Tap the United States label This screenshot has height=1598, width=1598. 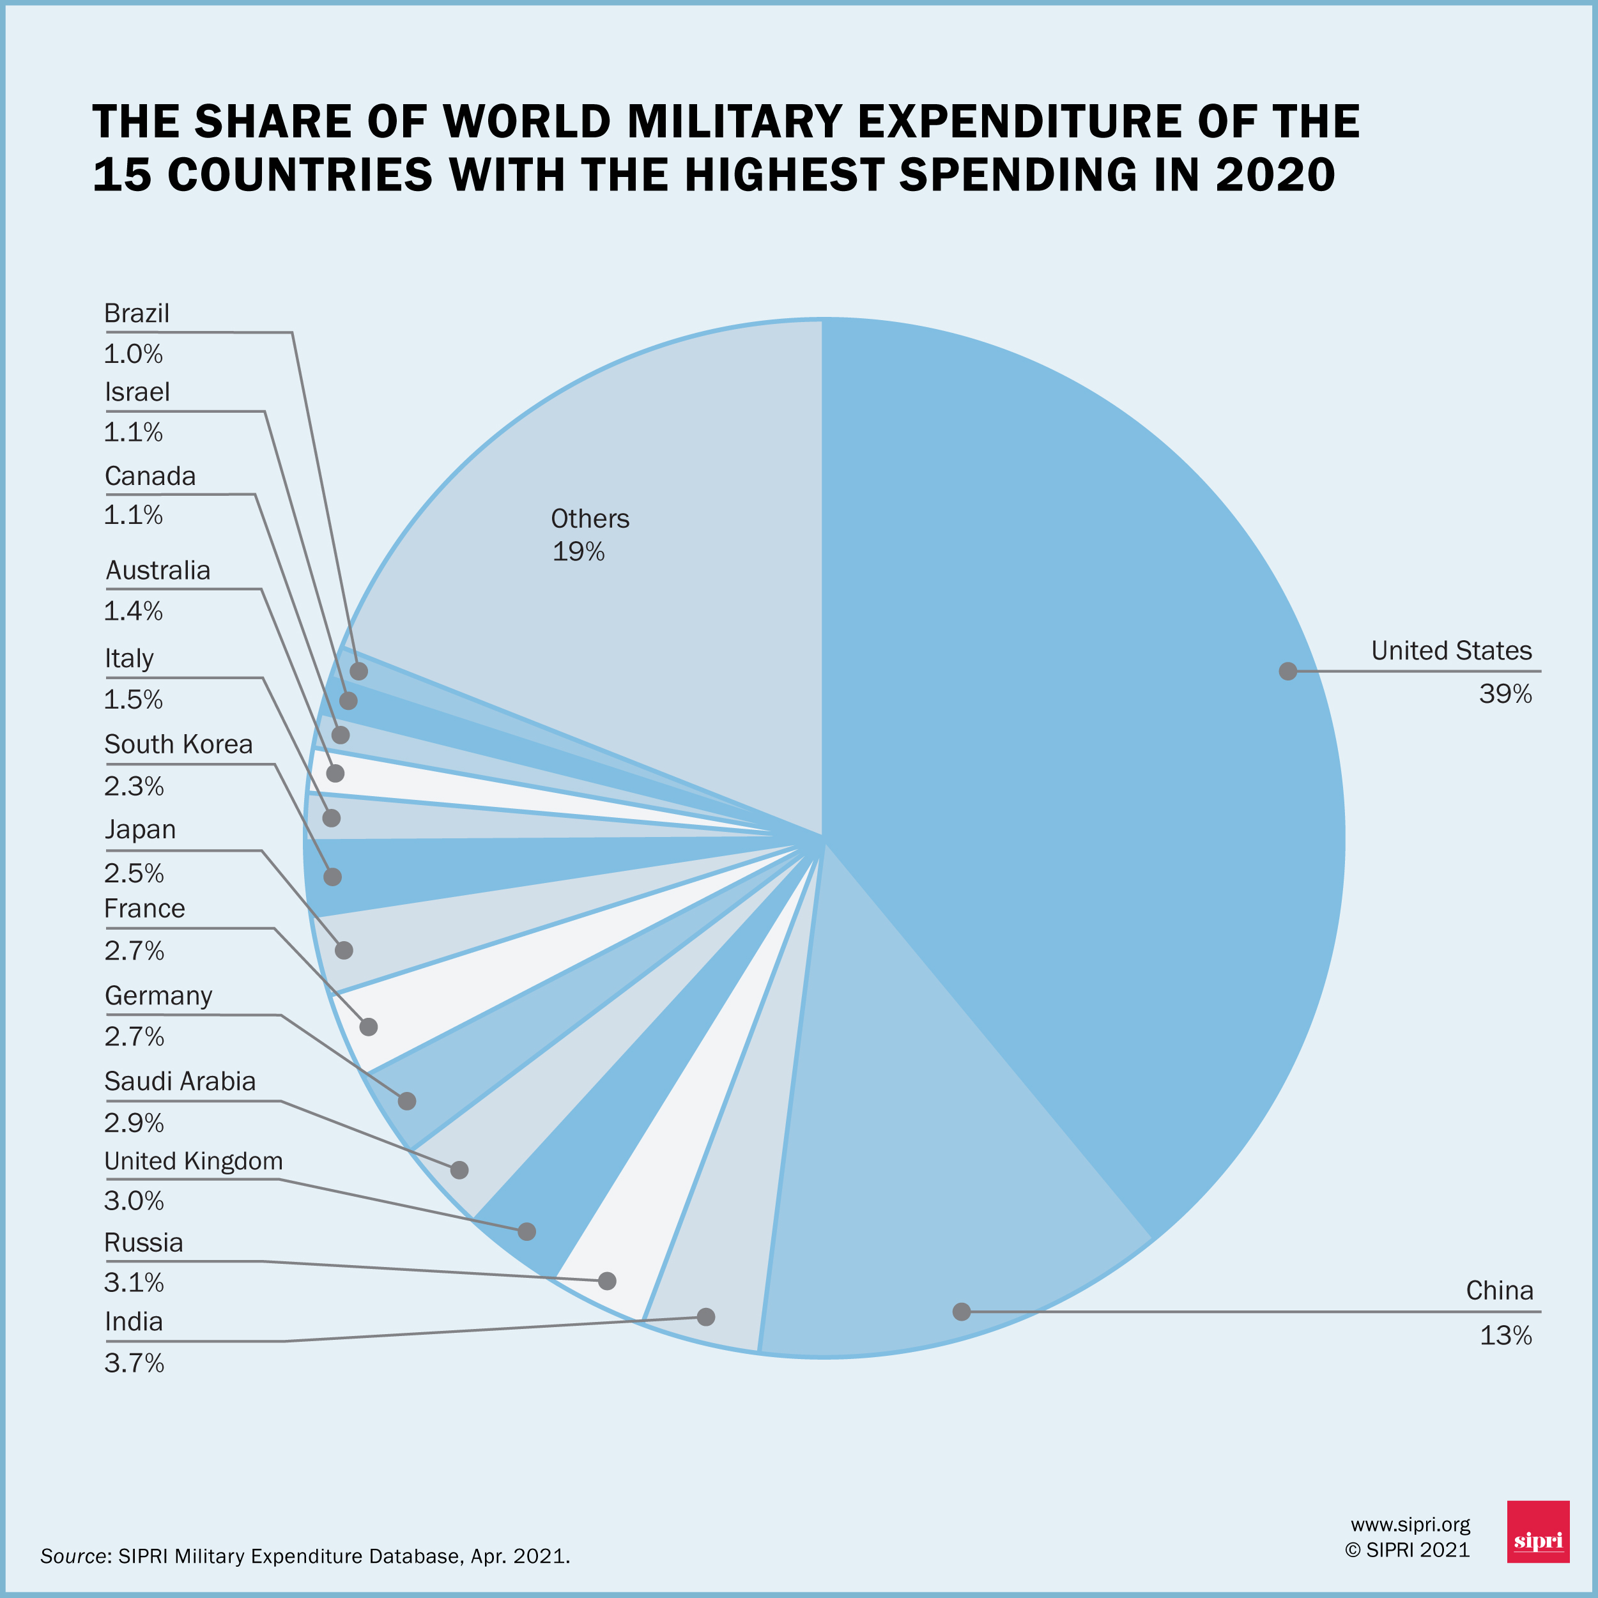coord(1451,651)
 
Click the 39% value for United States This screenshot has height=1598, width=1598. coord(1505,694)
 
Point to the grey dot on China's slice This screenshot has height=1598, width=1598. coord(961,1311)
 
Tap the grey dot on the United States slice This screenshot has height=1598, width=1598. coord(1288,671)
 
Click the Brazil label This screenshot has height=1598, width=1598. coord(137,314)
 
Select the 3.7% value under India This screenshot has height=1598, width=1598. coord(134,1362)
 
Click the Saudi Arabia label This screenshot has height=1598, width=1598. coord(180,1081)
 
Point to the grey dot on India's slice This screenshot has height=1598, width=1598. coord(705,1316)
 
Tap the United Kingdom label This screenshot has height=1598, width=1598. coord(194,1161)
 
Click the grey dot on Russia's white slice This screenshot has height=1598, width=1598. coord(607,1280)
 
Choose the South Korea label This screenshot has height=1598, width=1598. coord(178,744)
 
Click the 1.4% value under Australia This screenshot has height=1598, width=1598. coord(133,611)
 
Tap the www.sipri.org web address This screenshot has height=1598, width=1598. coord(1410,1525)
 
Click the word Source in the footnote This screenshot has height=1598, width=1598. coord(73,1556)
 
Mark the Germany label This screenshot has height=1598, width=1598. coord(158,996)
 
